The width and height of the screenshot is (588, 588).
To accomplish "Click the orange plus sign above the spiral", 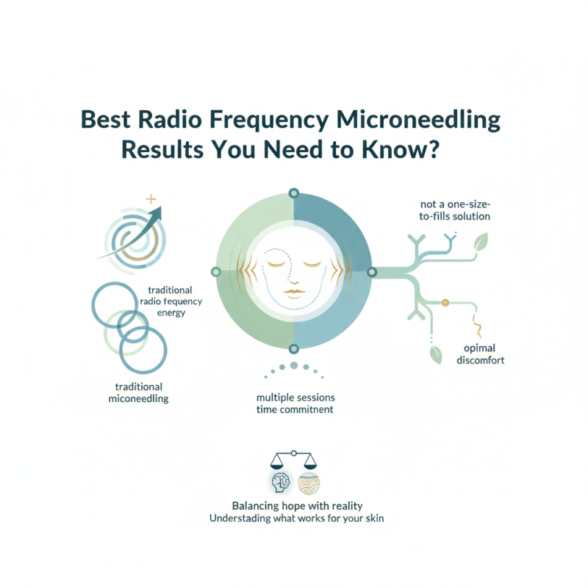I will click(152, 199).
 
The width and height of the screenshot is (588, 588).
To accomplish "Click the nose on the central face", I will click(293, 279).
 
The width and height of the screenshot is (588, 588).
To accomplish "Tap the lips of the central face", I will click(293, 293).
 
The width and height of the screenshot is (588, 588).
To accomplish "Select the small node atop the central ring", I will click(294, 193).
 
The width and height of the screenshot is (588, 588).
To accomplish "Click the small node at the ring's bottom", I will click(294, 349).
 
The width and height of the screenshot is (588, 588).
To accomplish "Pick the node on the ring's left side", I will click(215, 271).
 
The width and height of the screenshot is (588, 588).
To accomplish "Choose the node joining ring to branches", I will click(372, 271).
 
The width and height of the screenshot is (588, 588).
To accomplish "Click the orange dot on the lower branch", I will click(444, 302).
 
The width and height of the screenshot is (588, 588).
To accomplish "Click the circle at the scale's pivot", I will click(294, 453).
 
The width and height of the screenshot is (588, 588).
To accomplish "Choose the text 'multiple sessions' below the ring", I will click(294, 397).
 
